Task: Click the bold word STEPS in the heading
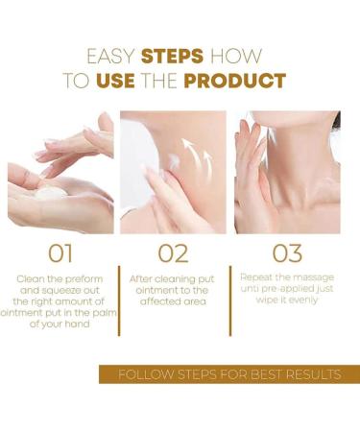click(172, 56)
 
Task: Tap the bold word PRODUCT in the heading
click(235, 81)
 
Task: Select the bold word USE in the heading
click(115, 81)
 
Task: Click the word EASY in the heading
click(110, 56)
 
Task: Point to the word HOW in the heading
click(236, 56)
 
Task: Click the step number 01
click(60, 253)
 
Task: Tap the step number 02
click(173, 253)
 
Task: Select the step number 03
click(287, 253)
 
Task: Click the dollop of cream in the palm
click(50, 192)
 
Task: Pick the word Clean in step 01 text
click(31, 279)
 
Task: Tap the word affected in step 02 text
click(156, 301)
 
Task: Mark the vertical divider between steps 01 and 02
click(119, 300)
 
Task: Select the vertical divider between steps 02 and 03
click(230, 300)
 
